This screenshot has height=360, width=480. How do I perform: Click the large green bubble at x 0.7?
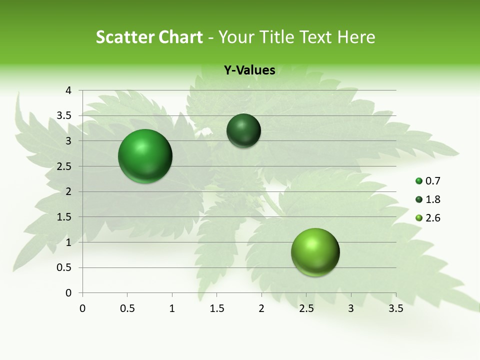click(x=145, y=156)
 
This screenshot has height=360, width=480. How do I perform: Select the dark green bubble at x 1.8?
click(x=243, y=130)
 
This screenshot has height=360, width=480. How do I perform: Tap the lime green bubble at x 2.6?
click(x=315, y=252)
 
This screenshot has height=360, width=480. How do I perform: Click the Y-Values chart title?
click(x=249, y=70)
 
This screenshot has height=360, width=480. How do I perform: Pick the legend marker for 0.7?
click(x=419, y=181)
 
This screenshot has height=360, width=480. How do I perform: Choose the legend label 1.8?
click(x=432, y=199)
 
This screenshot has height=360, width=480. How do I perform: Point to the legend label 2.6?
click(x=432, y=218)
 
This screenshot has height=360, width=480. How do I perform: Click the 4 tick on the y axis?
click(x=68, y=90)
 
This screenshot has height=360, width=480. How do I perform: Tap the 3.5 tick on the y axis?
click(x=64, y=115)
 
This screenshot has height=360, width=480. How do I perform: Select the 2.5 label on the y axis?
click(x=64, y=166)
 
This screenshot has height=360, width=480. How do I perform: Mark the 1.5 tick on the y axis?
click(x=64, y=217)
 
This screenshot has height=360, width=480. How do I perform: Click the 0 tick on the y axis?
click(x=68, y=293)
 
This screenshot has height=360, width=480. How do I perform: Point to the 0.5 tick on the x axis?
click(x=127, y=308)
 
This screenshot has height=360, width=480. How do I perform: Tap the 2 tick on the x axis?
click(x=261, y=308)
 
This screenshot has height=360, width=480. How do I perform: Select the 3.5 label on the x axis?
click(x=396, y=308)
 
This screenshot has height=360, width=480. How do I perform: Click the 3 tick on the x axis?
click(x=351, y=308)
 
